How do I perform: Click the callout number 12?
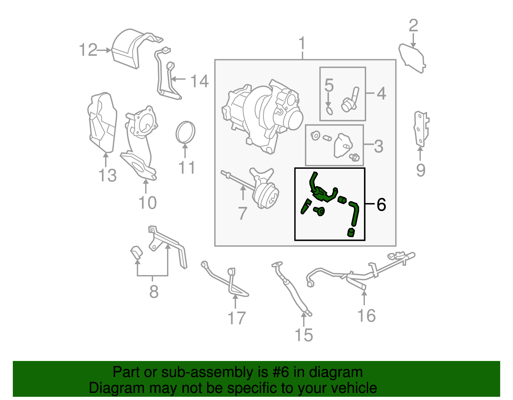pos(88,50)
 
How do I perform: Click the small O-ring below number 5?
pos(329,111)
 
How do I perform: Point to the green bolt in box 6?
pos(319,211)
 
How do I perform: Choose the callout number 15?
pos(303,335)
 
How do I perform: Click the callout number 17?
pos(236,318)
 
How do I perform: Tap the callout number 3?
pos(378,146)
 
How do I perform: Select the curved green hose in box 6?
pos(355,213)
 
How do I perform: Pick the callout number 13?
pos(107,176)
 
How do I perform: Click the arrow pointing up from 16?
pos(365,298)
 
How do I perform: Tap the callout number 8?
pos(154,292)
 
